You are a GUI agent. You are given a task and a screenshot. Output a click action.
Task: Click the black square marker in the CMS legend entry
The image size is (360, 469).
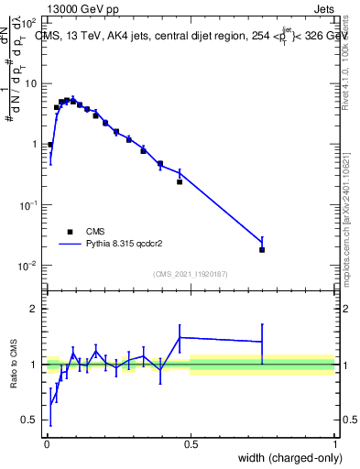[x=70, y=232]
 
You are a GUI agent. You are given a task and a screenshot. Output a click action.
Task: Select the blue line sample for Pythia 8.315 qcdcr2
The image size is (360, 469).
[x=70, y=245]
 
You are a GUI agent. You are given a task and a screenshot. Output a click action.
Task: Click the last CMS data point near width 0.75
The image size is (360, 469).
[x=262, y=249]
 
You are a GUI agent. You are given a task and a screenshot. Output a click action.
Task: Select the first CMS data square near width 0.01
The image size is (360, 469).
[x=49, y=145]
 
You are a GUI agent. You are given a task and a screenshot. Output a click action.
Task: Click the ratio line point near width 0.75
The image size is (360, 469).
[x=262, y=342]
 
